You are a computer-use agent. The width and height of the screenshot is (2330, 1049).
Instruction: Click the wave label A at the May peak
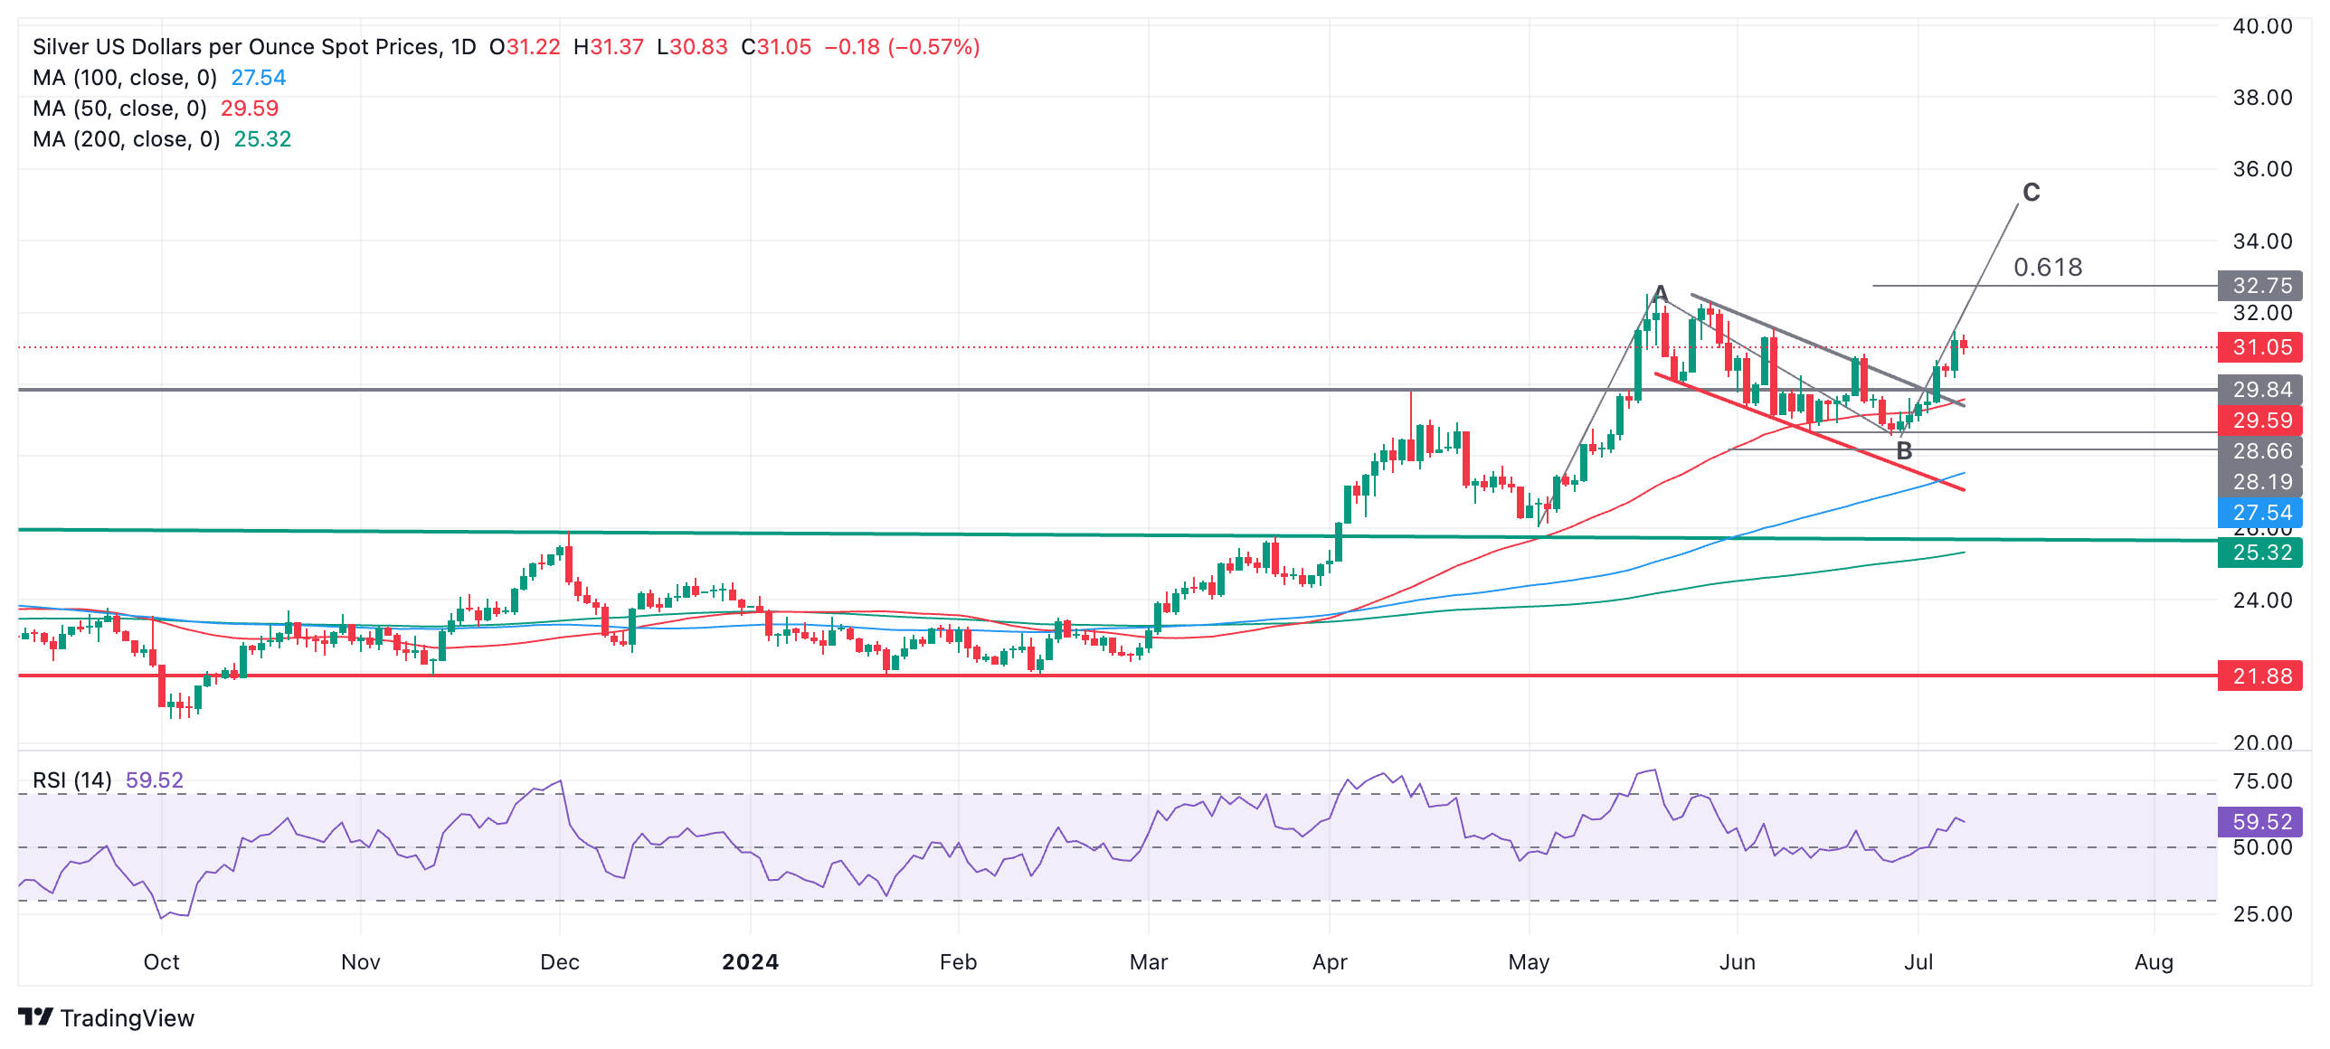pos(1660,293)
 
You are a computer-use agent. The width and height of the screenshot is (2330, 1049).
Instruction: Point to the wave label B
pos(1904,451)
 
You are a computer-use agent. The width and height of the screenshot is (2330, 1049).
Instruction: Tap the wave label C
pos(2032,192)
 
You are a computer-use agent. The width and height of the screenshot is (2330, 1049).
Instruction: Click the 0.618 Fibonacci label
pos(2048,267)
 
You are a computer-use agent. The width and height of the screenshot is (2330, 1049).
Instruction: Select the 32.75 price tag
pos(2260,286)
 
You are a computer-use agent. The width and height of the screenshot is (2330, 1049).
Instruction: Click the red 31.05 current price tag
pos(2260,347)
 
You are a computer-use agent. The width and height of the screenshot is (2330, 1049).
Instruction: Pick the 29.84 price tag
pos(2260,390)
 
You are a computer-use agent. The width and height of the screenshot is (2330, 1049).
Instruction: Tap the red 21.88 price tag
pos(2260,676)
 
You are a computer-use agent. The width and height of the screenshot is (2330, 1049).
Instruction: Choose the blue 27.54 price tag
pos(2260,513)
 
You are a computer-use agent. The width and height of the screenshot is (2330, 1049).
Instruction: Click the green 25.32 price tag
pos(2260,553)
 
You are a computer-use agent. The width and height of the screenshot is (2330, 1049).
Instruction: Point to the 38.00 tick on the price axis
pos(2262,98)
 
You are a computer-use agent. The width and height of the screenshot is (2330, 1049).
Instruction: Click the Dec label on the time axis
pos(560,962)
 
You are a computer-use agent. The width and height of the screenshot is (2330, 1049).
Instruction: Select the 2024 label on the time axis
pos(750,962)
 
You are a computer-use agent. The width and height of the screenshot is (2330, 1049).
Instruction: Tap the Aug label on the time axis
pos(2154,962)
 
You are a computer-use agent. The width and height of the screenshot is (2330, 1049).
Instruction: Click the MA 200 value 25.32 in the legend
pos(262,139)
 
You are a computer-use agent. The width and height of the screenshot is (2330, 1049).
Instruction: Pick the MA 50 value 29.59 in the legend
pos(250,109)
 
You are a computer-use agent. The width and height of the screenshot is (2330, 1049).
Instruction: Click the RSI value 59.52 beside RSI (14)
pos(155,780)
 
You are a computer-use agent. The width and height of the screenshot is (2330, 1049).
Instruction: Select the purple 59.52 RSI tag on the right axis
pos(2260,822)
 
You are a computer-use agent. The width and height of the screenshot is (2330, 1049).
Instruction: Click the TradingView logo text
pos(127,1018)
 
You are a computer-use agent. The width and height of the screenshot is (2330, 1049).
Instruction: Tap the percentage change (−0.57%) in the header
pos(933,47)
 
